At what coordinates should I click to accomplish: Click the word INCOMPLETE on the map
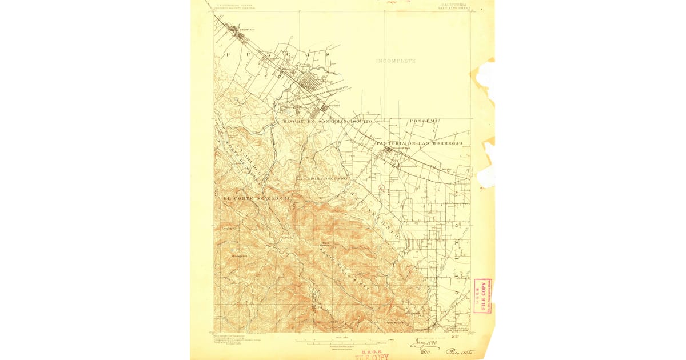(396, 61)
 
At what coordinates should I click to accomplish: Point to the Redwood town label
(246, 29)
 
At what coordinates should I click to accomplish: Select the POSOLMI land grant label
(424, 121)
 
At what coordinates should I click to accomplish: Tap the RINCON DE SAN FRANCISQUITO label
(328, 122)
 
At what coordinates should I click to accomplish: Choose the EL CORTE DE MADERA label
(257, 198)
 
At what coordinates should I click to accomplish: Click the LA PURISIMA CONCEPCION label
(322, 178)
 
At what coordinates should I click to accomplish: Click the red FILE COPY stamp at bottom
(371, 357)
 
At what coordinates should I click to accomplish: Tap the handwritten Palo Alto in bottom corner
(460, 352)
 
